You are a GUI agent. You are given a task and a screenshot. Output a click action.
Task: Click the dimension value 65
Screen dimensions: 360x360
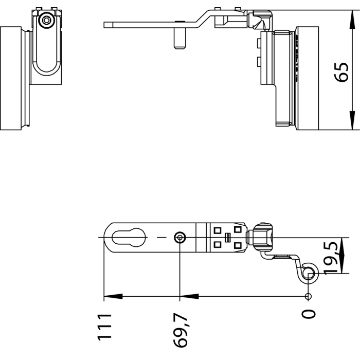[341, 72]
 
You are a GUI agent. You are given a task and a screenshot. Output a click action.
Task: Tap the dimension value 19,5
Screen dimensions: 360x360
[331, 258]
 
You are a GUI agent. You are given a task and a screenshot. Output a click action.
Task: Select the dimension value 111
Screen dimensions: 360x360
[104, 327]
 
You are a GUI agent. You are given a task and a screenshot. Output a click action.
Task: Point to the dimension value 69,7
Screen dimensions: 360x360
[181, 330]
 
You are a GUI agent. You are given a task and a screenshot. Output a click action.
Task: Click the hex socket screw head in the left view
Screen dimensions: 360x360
[46, 20]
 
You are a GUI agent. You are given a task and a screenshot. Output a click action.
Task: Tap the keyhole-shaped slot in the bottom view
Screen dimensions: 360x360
[129, 238]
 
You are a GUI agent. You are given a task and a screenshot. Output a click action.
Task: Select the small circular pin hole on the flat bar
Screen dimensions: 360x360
[180, 238]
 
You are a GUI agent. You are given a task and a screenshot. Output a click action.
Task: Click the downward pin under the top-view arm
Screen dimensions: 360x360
[179, 38]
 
